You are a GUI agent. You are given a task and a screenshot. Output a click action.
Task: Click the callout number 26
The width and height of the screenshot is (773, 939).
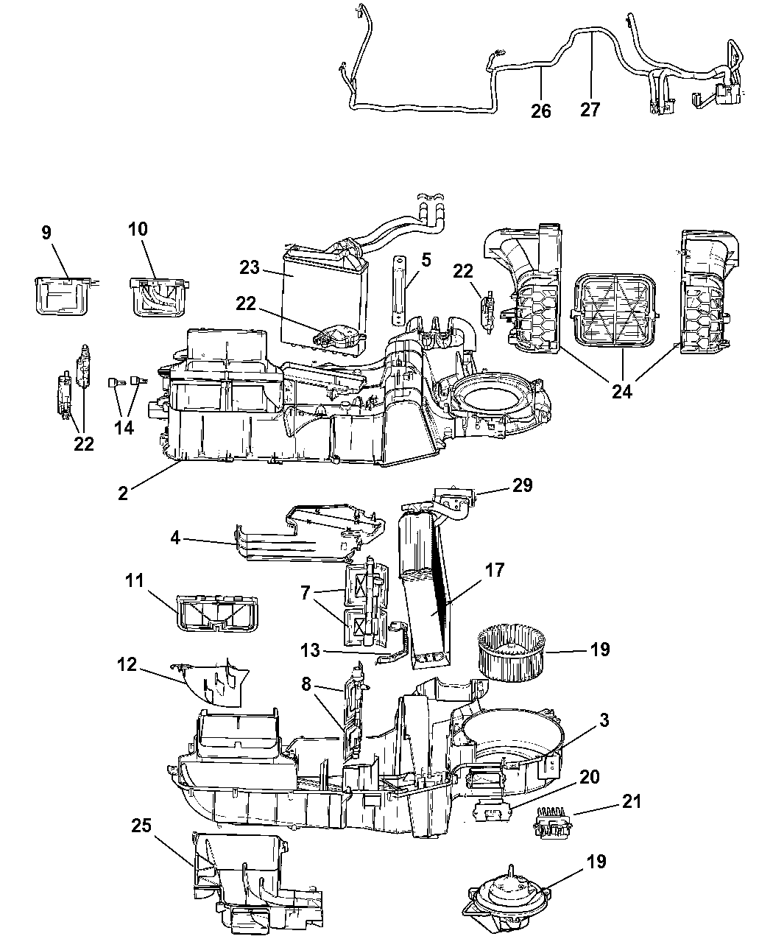[541, 110]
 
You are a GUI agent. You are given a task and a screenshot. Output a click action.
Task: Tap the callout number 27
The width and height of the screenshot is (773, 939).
[590, 110]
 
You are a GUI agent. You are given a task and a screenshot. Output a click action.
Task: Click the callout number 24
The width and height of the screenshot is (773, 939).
[621, 392]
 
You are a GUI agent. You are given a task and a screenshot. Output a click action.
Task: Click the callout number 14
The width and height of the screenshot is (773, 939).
[125, 427]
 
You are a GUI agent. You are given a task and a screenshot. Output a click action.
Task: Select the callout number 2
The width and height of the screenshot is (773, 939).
[123, 493]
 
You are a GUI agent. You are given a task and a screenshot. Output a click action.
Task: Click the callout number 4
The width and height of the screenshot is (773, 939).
[174, 537]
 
